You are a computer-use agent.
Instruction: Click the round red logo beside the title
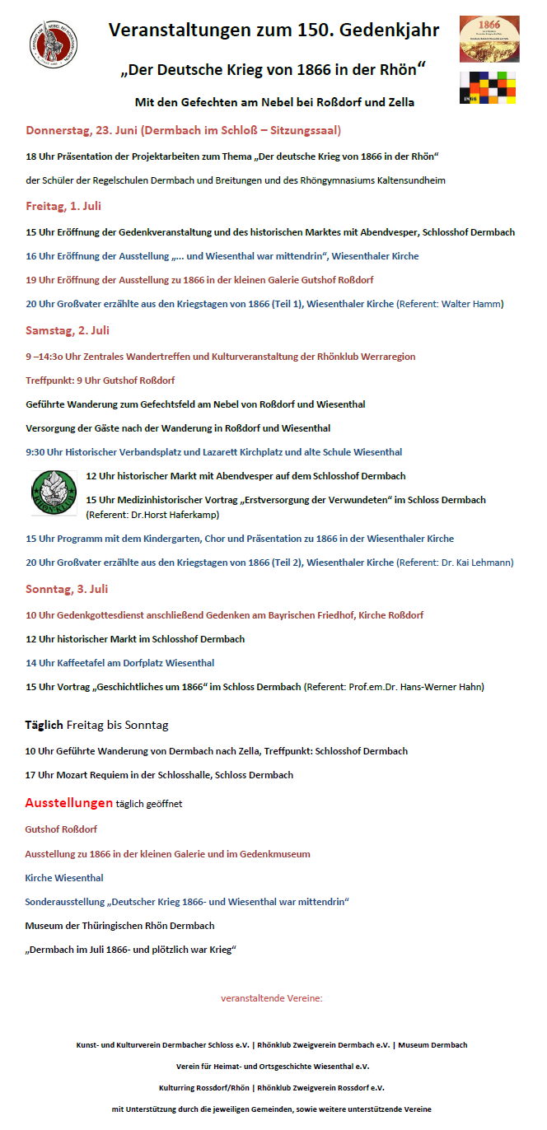tap(54, 44)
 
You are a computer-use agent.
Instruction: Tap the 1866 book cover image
tap(489, 38)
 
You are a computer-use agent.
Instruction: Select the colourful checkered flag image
tap(489, 87)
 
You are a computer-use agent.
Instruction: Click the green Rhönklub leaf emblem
tap(54, 493)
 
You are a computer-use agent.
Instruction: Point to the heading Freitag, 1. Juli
tap(63, 206)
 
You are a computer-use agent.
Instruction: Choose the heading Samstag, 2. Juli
tap(68, 330)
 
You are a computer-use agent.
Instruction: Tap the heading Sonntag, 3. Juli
tap(67, 589)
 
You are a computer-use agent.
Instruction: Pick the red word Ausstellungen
tap(68, 802)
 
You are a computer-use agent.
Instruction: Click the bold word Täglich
tap(44, 725)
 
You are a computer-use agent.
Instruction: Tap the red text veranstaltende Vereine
tap(272, 998)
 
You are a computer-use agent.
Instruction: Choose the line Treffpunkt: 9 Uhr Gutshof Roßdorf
tap(100, 381)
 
